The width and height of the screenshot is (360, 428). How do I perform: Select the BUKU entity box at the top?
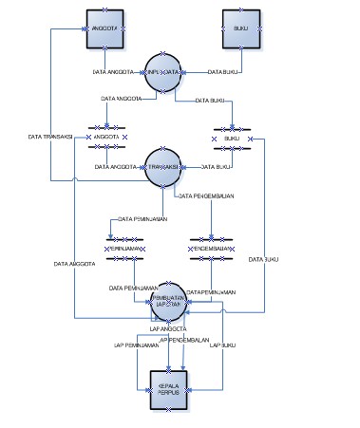(241, 29)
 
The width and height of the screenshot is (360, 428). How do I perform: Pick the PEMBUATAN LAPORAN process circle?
(169, 300)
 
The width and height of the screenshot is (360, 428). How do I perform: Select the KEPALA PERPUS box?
(169, 389)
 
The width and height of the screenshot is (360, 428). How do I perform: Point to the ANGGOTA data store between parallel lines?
(108, 137)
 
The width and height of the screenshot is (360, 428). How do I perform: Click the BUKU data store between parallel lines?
(232, 138)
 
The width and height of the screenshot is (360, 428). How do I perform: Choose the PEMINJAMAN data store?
(124, 249)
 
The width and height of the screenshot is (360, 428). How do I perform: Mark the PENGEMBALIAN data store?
(212, 249)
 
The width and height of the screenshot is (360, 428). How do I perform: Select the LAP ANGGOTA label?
(168, 328)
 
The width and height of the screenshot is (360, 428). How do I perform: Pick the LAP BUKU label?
(222, 345)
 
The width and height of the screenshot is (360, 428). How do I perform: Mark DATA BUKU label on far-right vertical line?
(263, 259)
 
